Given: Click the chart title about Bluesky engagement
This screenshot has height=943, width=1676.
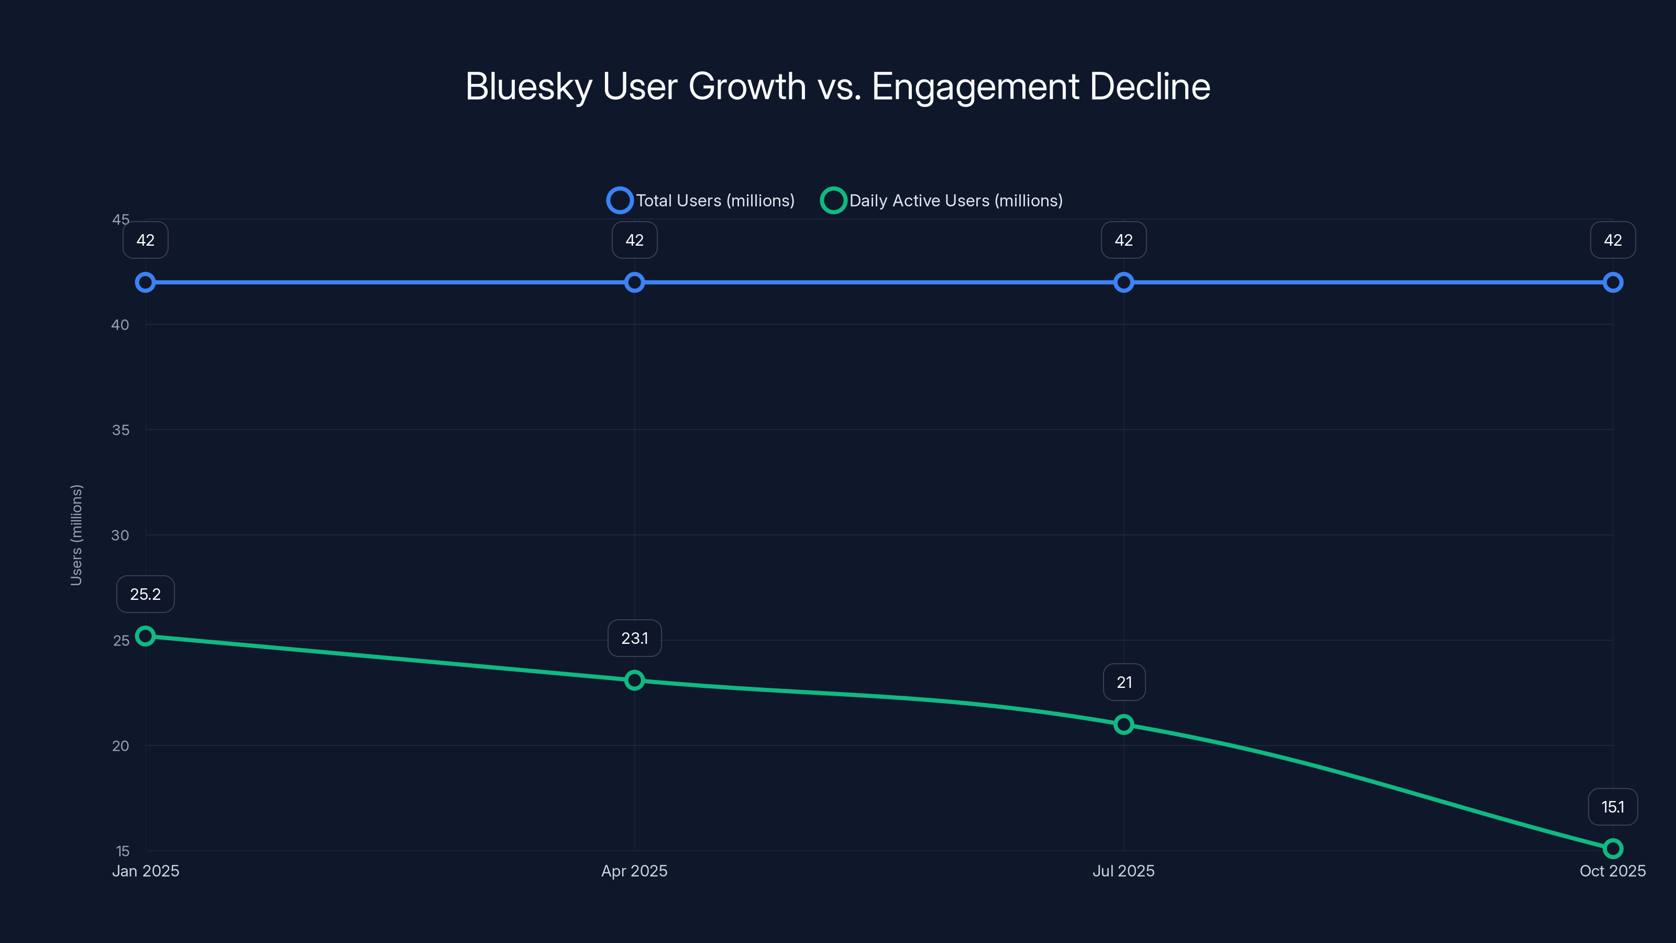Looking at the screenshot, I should pyautogui.click(x=837, y=86).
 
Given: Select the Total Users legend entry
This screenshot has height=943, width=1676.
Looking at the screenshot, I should pyautogui.click(x=701, y=201).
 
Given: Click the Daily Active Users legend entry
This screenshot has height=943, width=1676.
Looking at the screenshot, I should pyautogui.click(x=942, y=201).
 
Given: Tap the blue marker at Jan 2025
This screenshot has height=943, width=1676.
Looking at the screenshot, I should pyautogui.click(x=145, y=282).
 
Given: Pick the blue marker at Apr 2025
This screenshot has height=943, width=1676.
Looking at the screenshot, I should pyautogui.click(x=634, y=282).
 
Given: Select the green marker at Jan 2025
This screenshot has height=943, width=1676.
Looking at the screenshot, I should pyautogui.click(x=145, y=636).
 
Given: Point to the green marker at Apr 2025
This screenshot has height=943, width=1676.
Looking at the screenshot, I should pyautogui.click(x=634, y=680).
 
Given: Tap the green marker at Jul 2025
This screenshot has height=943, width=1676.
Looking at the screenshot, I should pyautogui.click(x=1123, y=725).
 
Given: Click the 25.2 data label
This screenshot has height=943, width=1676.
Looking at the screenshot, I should pyautogui.click(x=145, y=594).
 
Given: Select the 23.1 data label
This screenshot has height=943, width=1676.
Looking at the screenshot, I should pyautogui.click(x=634, y=639).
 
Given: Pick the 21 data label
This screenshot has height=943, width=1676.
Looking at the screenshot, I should pyautogui.click(x=1123, y=683).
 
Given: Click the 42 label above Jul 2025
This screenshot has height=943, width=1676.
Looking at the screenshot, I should pyautogui.click(x=1123, y=240).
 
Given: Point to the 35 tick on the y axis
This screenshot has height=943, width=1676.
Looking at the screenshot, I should pyautogui.click(x=120, y=430).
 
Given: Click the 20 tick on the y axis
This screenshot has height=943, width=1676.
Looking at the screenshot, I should pyautogui.click(x=120, y=746).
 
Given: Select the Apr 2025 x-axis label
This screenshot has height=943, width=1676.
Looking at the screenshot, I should pyautogui.click(x=634, y=871).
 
